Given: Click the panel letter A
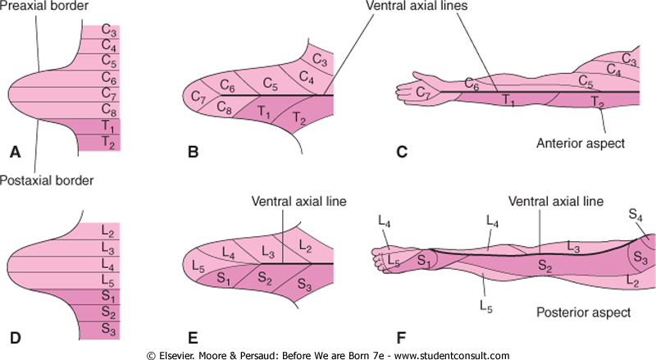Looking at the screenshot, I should [x=14, y=153].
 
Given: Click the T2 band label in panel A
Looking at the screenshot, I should [x=108, y=144].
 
